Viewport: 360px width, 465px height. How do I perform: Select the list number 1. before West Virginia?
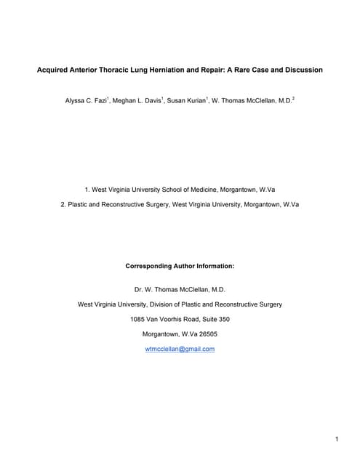click(x=88, y=190)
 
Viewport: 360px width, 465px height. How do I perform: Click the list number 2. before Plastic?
click(x=65, y=205)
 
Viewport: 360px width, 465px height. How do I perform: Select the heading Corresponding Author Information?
click(x=180, y=266)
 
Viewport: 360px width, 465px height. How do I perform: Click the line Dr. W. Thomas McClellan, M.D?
click(x=180, y=289)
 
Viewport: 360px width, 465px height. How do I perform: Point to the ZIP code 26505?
click(x=204, y=334)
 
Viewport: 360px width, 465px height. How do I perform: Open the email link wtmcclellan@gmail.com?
click(x=180, y=349)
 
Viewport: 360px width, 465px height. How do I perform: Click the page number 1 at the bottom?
click(x=337, y=440)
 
